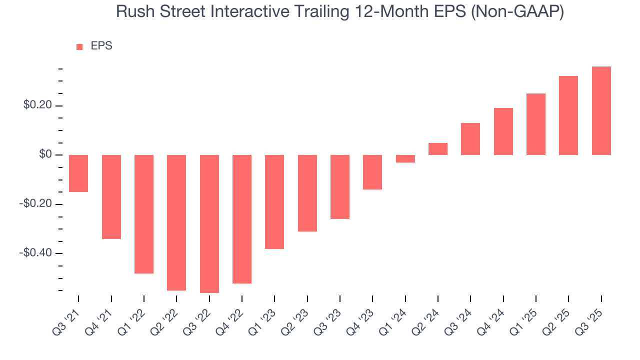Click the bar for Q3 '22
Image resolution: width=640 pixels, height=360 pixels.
(209, 223)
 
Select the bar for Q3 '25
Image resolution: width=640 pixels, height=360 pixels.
(601, 110)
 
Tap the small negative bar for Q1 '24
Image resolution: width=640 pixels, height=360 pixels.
(405, 158)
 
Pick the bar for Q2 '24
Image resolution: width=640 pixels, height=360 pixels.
(438, 149)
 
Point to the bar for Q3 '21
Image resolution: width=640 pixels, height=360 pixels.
(78, 173)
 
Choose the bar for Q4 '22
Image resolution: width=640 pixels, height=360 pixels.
(242, 219)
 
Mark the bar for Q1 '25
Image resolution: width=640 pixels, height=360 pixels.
(536, 124)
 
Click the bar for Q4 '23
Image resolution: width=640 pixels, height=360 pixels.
(372, 172)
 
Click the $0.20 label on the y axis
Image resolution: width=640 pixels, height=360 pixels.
(37, 106)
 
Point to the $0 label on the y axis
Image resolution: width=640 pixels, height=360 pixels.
(45, 155)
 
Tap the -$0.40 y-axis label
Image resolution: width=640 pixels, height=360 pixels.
(36, 253)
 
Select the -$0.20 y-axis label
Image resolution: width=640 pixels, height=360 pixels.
(36, 204)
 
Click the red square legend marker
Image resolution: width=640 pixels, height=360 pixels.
(79, 46)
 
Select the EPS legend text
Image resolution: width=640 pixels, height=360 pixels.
(101, 46)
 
